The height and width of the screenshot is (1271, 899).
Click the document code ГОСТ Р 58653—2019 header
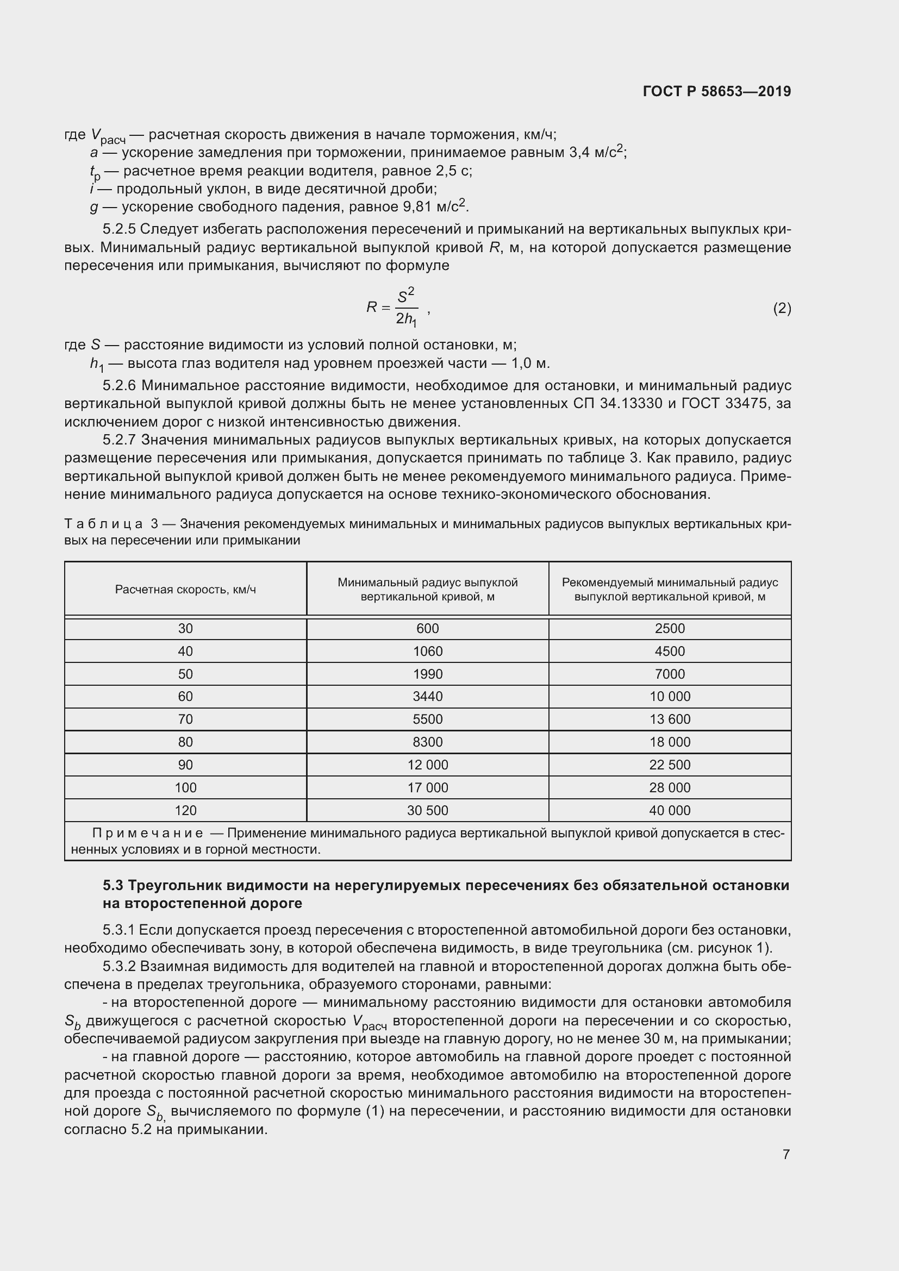717,91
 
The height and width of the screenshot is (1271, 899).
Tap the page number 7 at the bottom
786,1154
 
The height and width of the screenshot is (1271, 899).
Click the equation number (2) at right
782,308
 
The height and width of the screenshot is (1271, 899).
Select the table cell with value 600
427,628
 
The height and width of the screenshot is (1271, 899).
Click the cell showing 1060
427,651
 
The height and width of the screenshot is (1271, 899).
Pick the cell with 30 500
427,810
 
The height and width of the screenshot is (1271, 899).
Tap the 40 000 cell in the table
670,810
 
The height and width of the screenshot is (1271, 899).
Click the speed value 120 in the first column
185,810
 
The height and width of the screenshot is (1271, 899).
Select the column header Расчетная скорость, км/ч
185,590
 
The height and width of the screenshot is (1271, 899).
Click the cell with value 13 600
670,719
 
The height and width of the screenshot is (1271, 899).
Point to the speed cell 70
185,719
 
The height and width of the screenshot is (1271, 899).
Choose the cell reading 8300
427,742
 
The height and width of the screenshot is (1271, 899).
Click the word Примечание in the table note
147,833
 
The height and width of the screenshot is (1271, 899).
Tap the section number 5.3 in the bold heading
113,886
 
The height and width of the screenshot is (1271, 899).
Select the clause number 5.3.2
119,966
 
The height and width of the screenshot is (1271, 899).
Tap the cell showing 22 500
670,765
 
